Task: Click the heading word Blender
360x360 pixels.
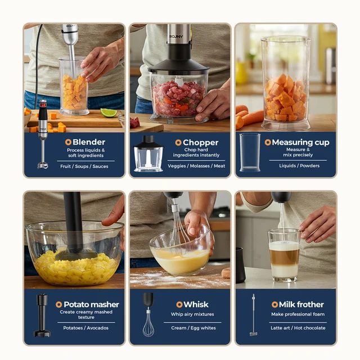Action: click(89, 142)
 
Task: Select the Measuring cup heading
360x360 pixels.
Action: click(300, 142)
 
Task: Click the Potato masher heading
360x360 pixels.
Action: click(91, 304)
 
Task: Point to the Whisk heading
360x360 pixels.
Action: click(196, 304)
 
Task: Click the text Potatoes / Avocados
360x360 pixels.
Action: click(86, 328)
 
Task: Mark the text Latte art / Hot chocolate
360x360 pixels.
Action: click(298, 328)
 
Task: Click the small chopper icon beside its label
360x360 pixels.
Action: click(148, 154)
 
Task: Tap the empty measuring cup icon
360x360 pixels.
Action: click(249, 152)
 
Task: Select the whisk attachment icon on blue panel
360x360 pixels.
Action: click(148, 315)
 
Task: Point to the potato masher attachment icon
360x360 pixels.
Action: click(42, 315)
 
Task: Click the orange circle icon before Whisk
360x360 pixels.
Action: click(179, 304)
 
